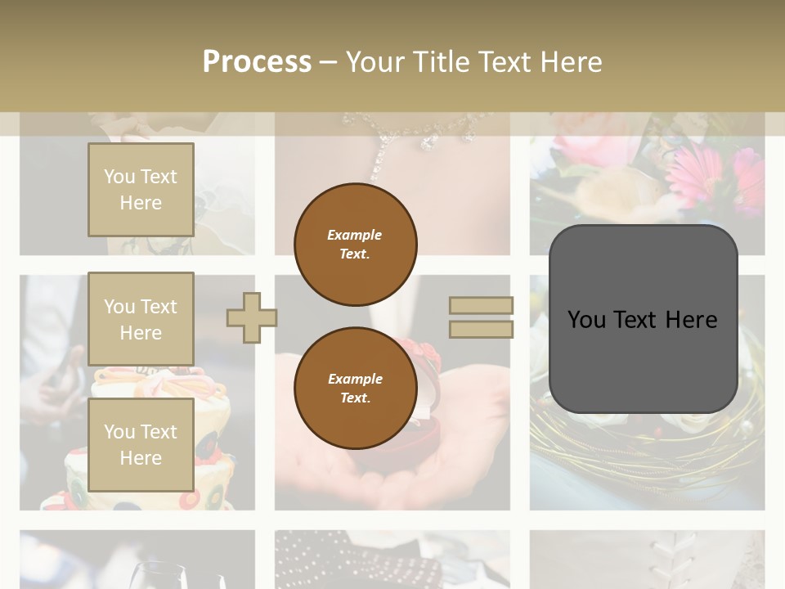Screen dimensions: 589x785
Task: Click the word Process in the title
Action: click(257, 62)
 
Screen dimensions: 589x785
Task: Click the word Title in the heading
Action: click(441, 62)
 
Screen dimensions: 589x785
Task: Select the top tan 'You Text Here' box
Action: click(141, 190)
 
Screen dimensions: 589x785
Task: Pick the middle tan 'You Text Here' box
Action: click(141, 319)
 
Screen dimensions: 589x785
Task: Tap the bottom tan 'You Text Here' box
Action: click(141, 444)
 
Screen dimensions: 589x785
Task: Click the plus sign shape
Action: click(252, 317)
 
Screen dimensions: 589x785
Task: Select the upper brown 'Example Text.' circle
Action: click(355, 245)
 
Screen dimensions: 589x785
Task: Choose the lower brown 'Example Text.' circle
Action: click(355, 389)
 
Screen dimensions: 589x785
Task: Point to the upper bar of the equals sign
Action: click(481, 305)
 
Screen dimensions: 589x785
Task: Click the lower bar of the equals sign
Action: click(481, 330)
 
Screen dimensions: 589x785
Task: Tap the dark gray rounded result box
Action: click(643, 319)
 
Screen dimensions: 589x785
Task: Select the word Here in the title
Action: click(568, 62)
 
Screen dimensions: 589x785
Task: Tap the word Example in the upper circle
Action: click(355, 235)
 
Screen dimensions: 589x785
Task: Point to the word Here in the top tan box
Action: click(141, 203)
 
